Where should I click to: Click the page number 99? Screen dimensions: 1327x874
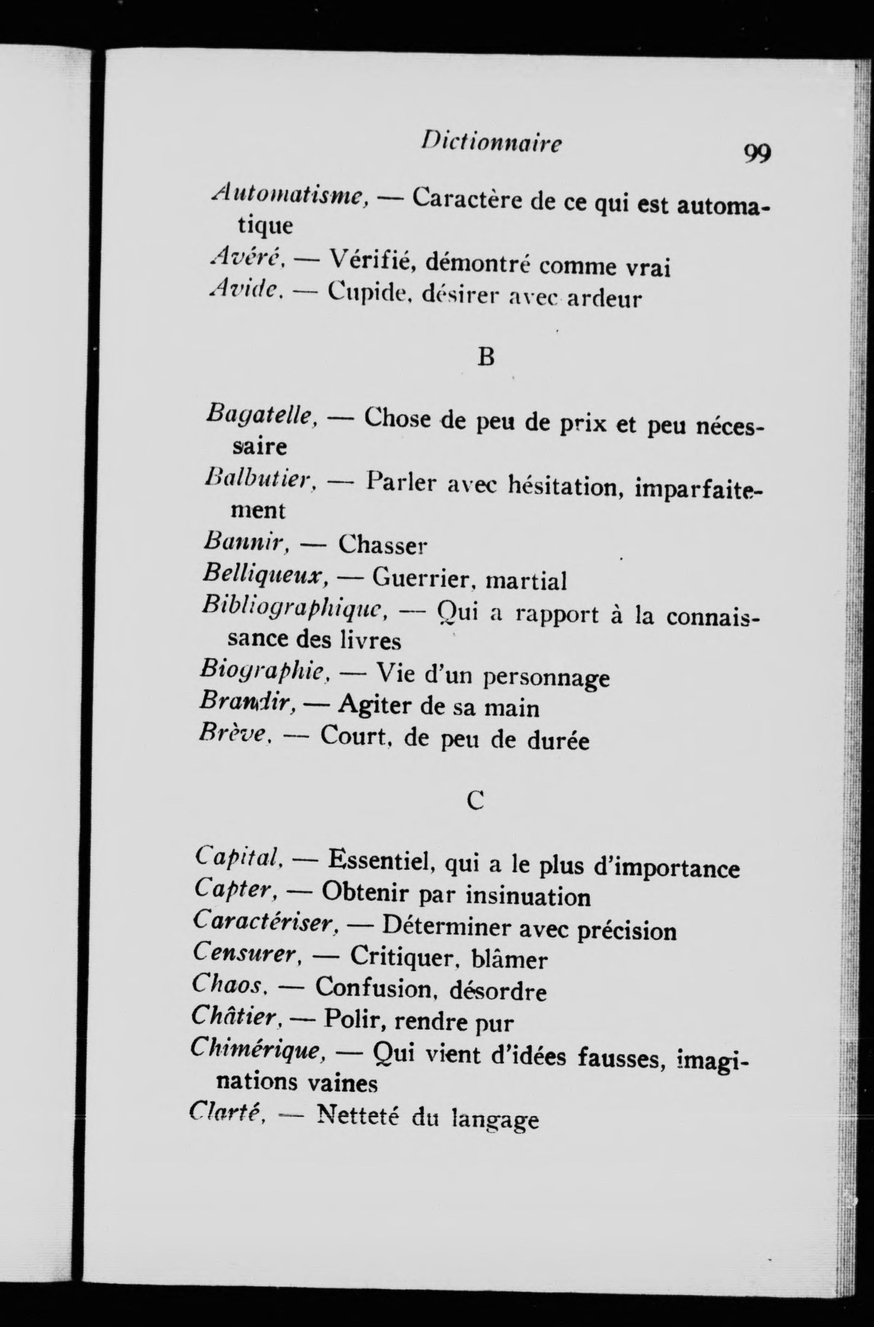tap(757, 153)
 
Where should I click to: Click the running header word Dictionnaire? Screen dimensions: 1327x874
tap(491, 143)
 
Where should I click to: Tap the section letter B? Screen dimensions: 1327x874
tap(486, 358)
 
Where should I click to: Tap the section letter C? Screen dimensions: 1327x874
tap(475, 801)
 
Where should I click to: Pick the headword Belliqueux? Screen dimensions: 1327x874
tap(265, 575)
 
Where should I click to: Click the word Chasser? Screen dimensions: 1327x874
tap(382, 544)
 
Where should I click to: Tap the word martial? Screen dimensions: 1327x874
tap(526, 580)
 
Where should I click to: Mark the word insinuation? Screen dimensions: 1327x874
tap(528, 896)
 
